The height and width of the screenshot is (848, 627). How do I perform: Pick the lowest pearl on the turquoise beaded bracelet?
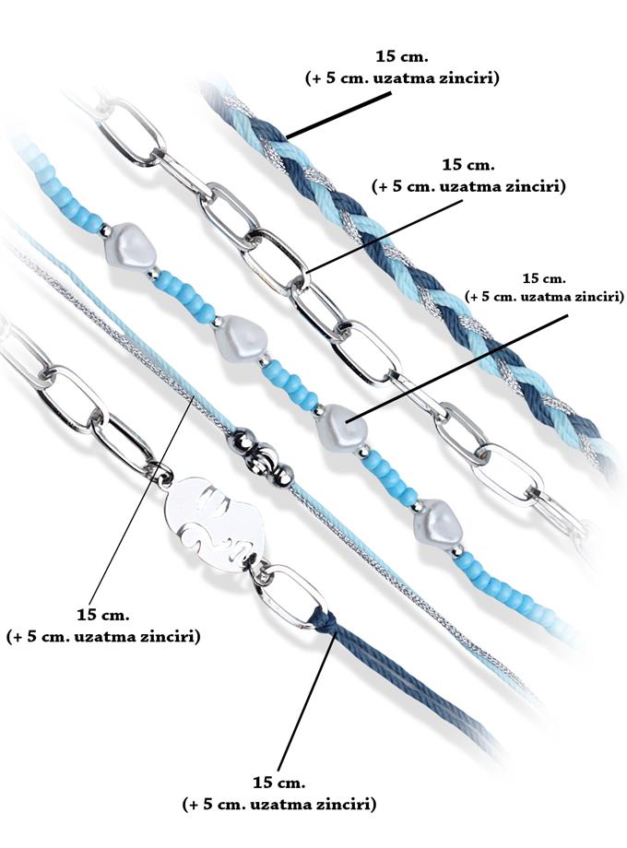click(438, 524)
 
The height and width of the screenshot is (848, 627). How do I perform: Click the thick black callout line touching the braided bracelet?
click(338, 115)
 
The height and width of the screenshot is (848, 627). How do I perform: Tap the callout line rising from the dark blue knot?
click(304, 701)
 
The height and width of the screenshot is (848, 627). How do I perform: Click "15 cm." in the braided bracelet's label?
click(402, 56)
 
